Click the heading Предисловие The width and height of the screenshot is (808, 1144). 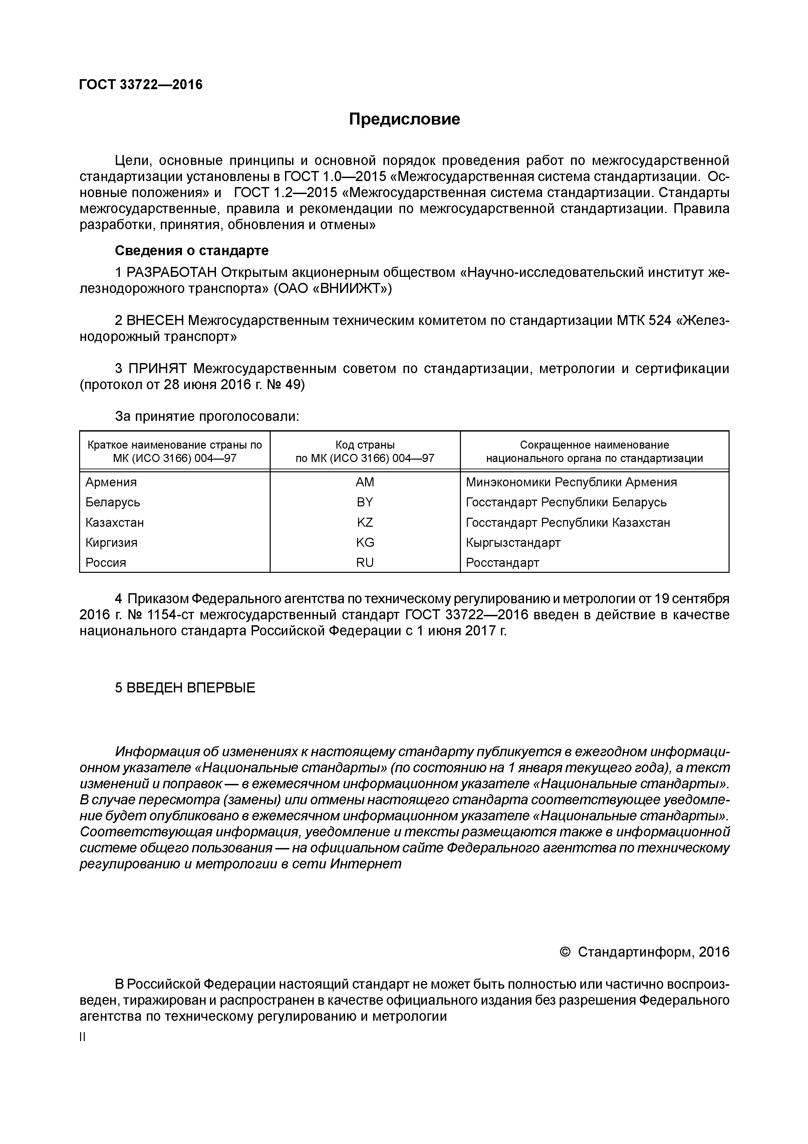point(404,119)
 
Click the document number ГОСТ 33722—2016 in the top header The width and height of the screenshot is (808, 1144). point(141,85)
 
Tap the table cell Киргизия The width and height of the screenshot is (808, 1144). point(111,542)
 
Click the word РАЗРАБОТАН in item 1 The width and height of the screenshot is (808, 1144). point(172,273)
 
